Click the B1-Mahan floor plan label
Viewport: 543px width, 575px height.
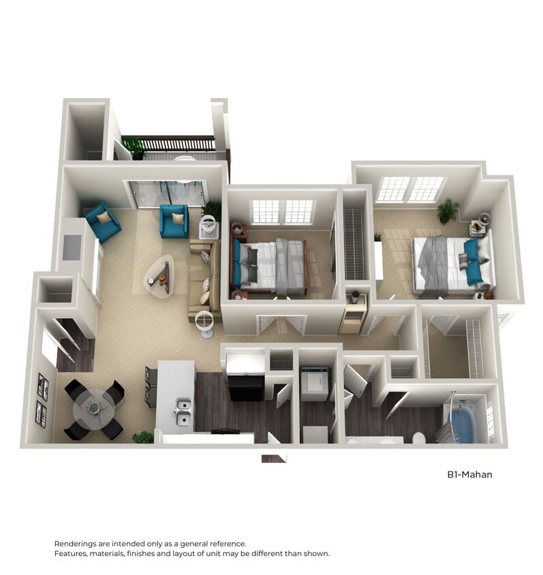(x=469, y=474)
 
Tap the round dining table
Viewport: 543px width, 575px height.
(x=94, y=407)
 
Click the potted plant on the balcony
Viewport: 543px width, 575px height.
(x=136, y=146)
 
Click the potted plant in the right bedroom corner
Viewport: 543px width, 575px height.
(x=448, y=210)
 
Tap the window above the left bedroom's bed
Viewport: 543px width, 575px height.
(x=283, y=211)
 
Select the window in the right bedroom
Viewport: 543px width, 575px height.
(x=410, y=189)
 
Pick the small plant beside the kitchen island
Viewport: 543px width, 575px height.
(x=142, y=437)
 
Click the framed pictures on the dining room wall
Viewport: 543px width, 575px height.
(x=42, y=400)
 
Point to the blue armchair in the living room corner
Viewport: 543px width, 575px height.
(x=102, y=222)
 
